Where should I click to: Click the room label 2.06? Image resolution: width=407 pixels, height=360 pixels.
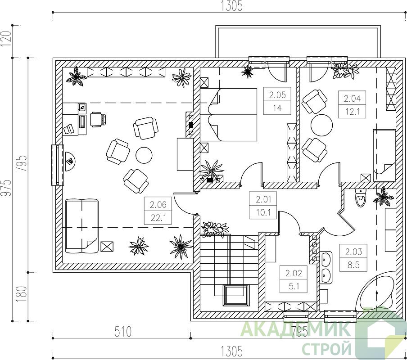(158, 205)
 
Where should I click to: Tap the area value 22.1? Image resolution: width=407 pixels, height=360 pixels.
(158, 218)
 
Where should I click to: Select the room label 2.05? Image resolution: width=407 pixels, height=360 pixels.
(277, 95)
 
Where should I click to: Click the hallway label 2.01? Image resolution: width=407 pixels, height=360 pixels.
(263, 199)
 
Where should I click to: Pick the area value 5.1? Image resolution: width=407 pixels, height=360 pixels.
(294, 286)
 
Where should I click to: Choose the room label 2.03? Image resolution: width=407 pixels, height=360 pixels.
(353, 252)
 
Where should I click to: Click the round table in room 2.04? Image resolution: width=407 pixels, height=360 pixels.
(321, 125)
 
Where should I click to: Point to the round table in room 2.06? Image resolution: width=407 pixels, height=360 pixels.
(144, 155)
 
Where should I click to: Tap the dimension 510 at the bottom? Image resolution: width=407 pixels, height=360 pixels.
(123, 332)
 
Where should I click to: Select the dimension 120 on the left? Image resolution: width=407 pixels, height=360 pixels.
(7, 39)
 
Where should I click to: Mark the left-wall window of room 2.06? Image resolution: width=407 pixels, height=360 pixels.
(57, 165)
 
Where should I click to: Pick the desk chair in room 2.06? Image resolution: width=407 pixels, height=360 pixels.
(98, 120)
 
